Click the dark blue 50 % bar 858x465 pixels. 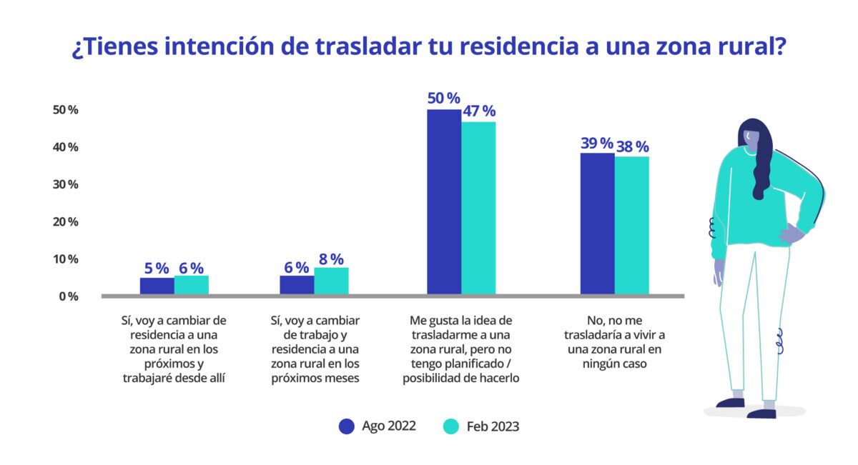444,201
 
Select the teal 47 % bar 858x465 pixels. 478,208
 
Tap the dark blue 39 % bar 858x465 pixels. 597,224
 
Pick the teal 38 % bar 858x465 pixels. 632,225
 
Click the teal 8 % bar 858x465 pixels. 331,281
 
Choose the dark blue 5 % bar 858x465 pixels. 157,286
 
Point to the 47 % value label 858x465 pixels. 478,111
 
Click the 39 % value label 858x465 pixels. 597,143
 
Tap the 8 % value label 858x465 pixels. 331,259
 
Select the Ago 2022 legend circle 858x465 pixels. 347,426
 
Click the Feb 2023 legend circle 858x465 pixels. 450,426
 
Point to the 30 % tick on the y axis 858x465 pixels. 65,184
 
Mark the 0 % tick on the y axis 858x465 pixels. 68,296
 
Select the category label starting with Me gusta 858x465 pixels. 461,349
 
